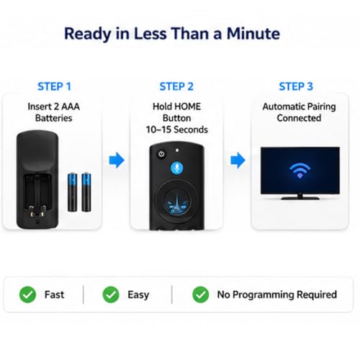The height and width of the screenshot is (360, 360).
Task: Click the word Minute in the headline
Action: pos(253,33)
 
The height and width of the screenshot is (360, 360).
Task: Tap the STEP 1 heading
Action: pos(54,86)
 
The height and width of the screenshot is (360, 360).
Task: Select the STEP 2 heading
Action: pos(176,86)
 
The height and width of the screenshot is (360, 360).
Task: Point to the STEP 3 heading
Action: pos(296,86)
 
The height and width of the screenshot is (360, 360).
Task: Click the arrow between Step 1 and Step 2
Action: pos(117,160)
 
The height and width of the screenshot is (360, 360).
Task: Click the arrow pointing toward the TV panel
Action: pos(238,160)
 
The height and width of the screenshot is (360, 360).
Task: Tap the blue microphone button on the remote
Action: pos(177,168)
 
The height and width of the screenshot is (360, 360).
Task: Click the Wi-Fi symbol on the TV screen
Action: pos(300,171)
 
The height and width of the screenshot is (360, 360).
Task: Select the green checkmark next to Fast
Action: pos(27,294)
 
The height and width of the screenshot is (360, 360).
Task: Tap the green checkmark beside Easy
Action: pos(111,294)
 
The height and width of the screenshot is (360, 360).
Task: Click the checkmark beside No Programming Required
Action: pos(201,294)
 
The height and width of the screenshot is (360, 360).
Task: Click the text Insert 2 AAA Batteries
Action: pos(54,112)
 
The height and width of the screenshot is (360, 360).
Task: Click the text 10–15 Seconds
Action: pos(177,130)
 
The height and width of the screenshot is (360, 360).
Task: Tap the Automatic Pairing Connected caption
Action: pos(299,112)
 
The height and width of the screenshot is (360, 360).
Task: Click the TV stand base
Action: pos(300,198)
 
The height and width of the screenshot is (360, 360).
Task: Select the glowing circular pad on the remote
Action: pos(178,200)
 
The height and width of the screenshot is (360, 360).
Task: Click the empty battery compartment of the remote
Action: pos(37,194)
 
